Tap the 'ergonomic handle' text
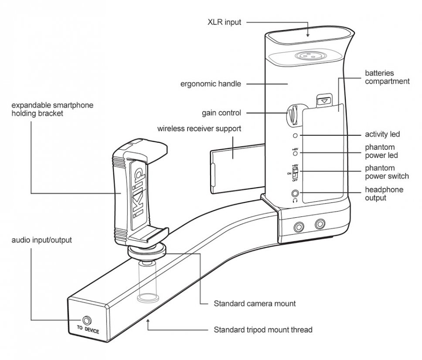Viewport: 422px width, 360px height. [211, 84]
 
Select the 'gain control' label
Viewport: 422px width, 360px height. [221, 113]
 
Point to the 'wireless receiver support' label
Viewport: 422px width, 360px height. [199, 129]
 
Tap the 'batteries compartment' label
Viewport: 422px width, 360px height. [388, 77]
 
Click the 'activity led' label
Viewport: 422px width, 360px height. [382, 134]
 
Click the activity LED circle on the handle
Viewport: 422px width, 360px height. [296, 136]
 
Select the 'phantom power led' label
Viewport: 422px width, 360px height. [382, 151]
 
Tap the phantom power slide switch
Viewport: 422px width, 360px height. [295, 172]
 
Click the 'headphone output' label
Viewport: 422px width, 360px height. [384, 193]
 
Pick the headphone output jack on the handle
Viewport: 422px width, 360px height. [296, 192]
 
